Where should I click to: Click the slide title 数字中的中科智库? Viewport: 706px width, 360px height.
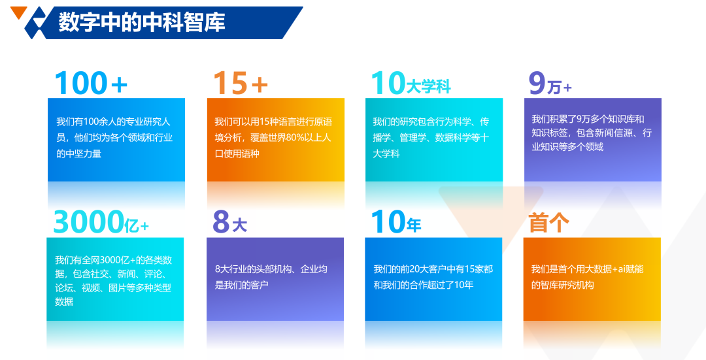click(x=142, y=22)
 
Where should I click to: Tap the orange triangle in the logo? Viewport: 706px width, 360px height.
click(x=18, y=12)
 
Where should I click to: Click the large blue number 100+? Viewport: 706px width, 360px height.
click(x=91, y=83)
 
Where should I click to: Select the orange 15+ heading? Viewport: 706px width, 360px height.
click(x=241, y=83)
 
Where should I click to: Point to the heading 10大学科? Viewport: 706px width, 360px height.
click(x=411, y=83)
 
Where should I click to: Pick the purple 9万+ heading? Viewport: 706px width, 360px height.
click(x=550, y=84)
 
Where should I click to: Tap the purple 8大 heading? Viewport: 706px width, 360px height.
click(x=229, y=222)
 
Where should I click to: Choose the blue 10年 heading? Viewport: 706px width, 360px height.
click(x=396, y=222)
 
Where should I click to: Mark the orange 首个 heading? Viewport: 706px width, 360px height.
click(x=549, y=222)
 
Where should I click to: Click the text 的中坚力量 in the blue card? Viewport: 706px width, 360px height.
click(x=79, y=154)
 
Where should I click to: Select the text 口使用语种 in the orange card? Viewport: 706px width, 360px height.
click(x=237, y=154)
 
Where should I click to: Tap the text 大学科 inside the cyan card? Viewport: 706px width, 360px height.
click(x=386, y=154)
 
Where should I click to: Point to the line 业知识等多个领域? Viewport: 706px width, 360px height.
click(x=567, y=147)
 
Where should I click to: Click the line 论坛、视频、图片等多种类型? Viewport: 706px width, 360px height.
click(x=113, y=288)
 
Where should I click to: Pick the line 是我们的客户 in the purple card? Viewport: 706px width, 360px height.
click(x=242, y=285)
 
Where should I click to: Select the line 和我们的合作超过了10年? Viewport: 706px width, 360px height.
click(x=423, y=285)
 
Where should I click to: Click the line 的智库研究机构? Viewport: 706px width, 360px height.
click(x=562, y=285)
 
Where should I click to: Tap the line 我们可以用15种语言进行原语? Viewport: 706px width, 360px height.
click(x=273, y=122)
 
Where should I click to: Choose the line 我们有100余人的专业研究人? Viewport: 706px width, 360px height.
click(x=114, y=122)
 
